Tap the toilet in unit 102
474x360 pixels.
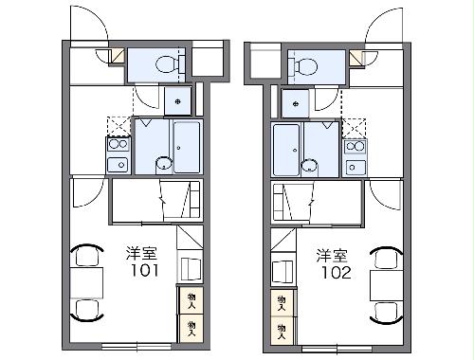click(x=305, y=64)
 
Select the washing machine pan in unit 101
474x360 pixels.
click(x=177, y=99)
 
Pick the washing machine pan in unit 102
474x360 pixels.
click(x=295, y=101)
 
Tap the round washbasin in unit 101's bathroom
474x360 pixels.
click(x=163, y=163)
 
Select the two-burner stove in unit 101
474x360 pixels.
click(x=118, y=145)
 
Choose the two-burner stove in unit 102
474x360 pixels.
click(x=355, y=147)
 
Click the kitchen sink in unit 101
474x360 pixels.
click(x=118, y=165)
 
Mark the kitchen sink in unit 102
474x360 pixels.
click(x=355, y=166)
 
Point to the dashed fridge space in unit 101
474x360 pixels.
click(x=118, y=125)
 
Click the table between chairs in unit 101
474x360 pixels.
click(x=89, y=281)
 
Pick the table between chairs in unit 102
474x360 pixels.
click(x=385, y=281)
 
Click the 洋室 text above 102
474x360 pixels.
click(x=332, y=254)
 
